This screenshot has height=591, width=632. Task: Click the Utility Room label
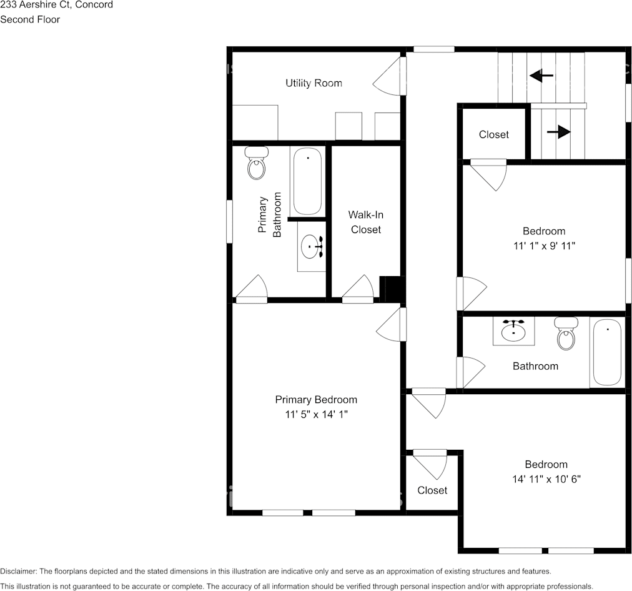click(314, 83)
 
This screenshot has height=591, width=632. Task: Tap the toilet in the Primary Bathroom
click(256, 164)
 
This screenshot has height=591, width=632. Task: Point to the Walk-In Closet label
click(366, 222)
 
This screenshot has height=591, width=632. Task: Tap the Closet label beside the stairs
click(493, 134)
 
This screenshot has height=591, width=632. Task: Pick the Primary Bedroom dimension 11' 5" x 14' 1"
click(316, 414)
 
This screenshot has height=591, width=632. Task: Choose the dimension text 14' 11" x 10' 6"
click(546, 479)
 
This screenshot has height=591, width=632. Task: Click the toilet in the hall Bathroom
click(566, 334)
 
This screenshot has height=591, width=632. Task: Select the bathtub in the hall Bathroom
click(606, 352)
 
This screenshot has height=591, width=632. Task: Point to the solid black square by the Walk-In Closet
click(392, 289)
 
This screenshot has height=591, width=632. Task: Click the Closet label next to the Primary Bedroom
click(432, 490)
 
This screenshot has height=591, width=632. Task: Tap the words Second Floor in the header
click(30, 19)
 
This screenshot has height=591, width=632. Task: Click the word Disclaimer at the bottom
click(18, 571)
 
